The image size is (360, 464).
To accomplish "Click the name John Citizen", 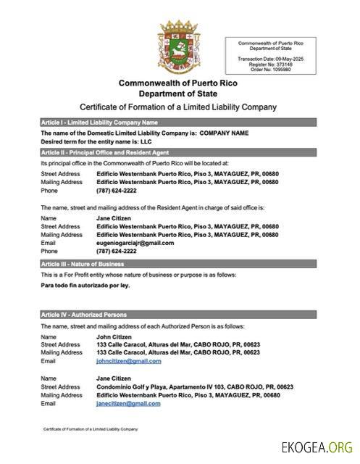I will coord(112,336).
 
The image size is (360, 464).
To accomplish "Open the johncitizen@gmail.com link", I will coord(128,360).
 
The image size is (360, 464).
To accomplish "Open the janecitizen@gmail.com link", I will coord(128,403).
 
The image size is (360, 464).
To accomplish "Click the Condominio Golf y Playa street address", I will coord(195,387).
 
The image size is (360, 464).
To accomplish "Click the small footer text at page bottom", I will coord(90,429).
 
